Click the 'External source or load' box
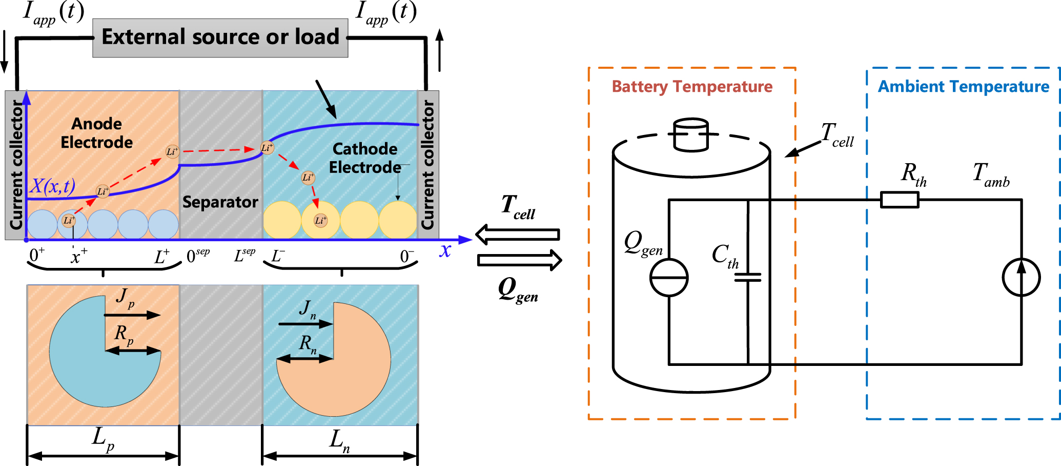[x=220, y=37]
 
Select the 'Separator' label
[x=220, y=202]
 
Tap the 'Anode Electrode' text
[x=96, y=133]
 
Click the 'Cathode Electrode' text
[x=364, y=158]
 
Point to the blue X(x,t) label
[x=53, y=186]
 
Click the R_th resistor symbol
[x=900, y=200]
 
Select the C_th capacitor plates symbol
[x=748, y=277]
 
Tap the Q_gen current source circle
[x=669, y=277]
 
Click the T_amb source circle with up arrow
[x=1021, y=277]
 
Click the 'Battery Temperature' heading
[x=692, y=87]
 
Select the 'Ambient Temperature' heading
[x=964, y=87]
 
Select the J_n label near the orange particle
[x=308, y=309]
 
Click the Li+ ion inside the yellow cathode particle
[x=320, y=221]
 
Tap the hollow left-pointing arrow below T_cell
[x=518, y=235]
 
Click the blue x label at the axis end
[x=445, y=250]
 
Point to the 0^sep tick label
[x=198, y=255]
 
